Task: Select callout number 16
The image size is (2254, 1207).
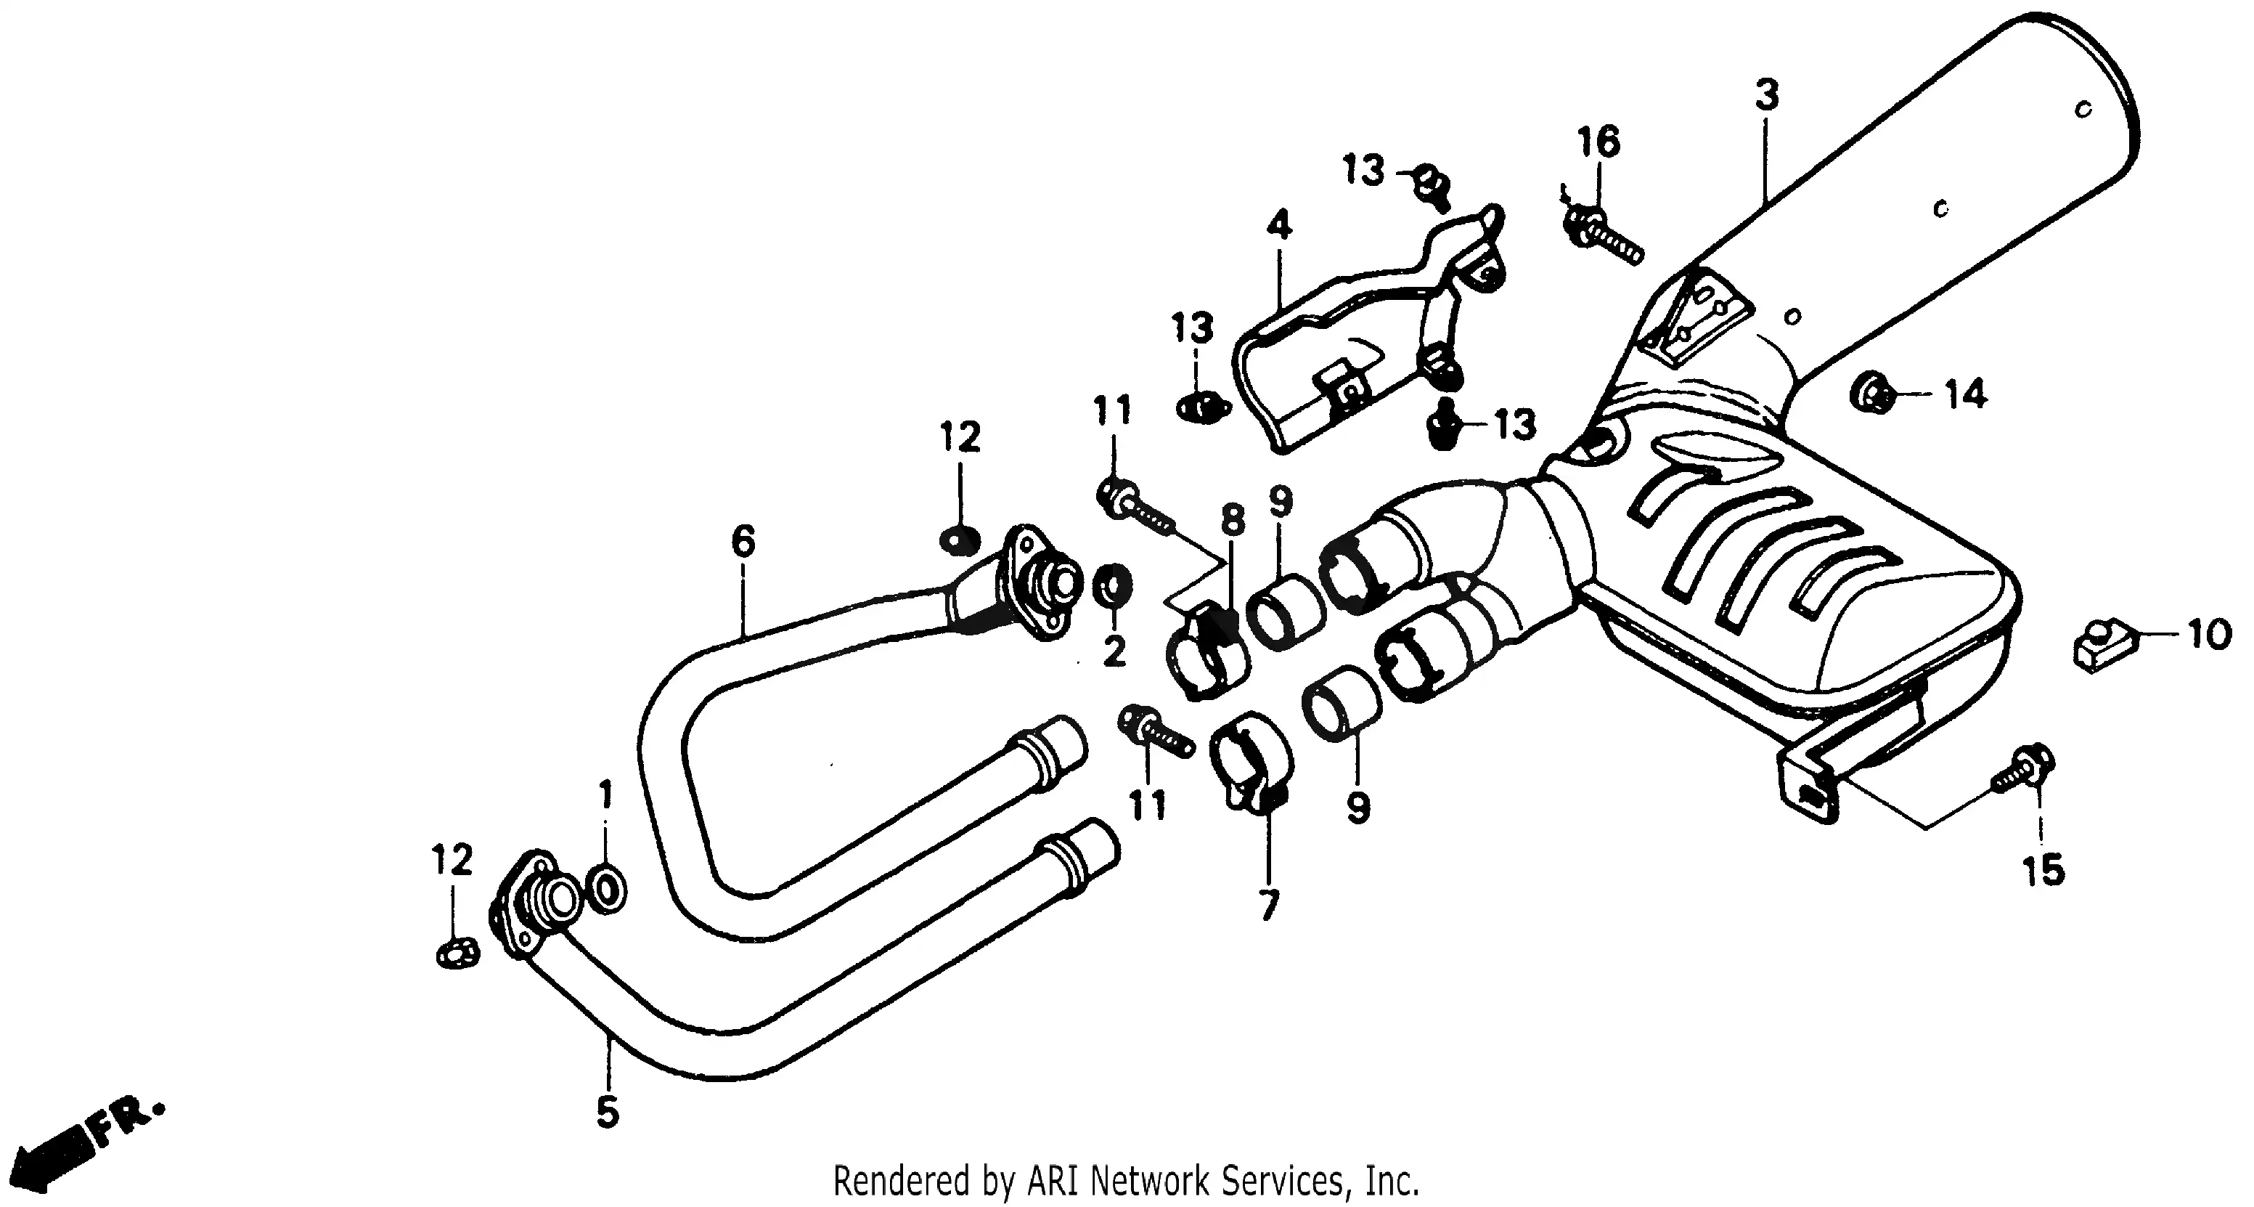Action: [1598, 142]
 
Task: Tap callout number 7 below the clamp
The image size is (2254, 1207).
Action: [1269, 905]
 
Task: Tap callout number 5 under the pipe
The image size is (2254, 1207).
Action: [608, 1112]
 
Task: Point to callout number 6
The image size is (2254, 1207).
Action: [743, 542]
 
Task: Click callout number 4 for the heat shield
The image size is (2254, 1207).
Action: [1278, 226]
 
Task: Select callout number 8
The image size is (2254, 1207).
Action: [1232, 519]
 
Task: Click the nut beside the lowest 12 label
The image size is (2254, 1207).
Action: [457, 952]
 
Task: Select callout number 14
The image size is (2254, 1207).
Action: [1965, 395]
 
